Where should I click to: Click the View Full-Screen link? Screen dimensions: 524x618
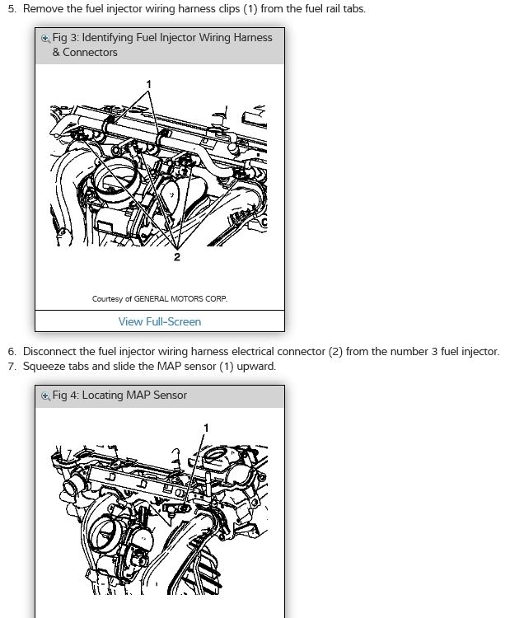point(160,321)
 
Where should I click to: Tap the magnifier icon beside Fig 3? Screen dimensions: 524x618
point(45,39)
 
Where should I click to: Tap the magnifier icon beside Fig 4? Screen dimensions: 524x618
point(45,396)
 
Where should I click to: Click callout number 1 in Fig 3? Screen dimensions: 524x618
point(148,84)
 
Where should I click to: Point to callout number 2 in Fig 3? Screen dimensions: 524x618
point(177,257)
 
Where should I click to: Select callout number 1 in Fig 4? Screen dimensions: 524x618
point(206,428)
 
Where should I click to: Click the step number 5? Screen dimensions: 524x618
point(12,9)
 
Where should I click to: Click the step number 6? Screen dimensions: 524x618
point(12,352)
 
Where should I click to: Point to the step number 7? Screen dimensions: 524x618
point(12,367)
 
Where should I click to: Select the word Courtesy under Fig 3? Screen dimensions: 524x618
point(107,299)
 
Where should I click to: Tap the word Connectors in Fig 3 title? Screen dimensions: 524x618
point(90,53)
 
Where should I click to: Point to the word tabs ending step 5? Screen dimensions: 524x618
point(353,9)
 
